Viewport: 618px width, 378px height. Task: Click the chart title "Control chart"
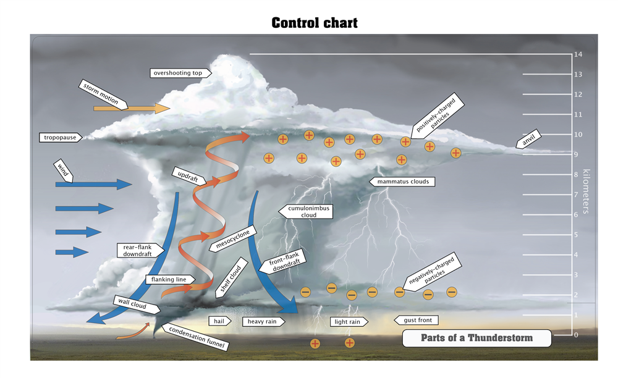pos(315,23)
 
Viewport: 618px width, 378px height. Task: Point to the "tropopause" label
pos(60,137)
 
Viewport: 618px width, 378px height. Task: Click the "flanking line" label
pos(169,280)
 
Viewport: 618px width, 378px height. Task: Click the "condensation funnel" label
pos(197,337)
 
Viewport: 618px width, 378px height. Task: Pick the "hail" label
pos(219,321)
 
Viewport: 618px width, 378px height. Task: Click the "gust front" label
pos(417,320)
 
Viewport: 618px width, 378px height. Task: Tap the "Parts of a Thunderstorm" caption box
pos(476,338)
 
